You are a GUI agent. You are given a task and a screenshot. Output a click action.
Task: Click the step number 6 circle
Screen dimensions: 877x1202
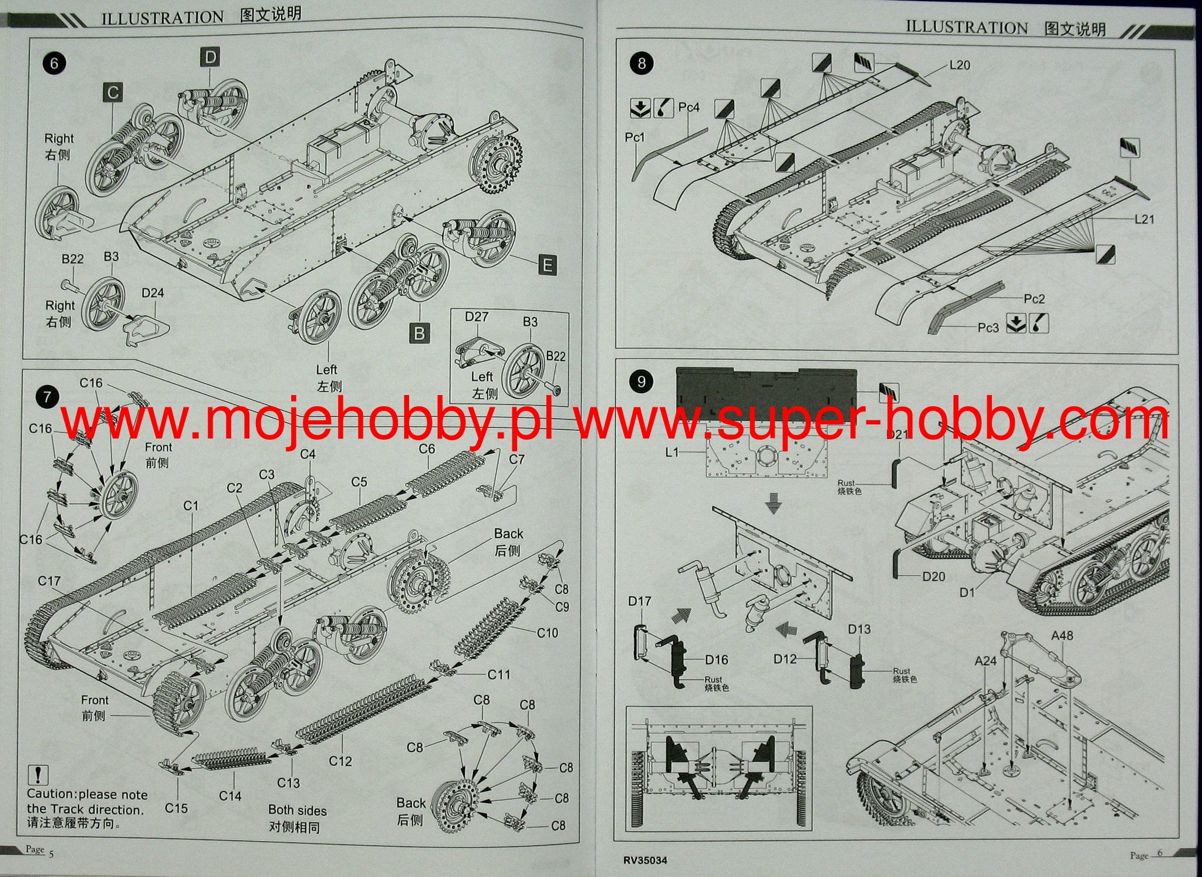point(54,63)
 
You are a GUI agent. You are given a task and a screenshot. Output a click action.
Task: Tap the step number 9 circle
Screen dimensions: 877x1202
point(641,382)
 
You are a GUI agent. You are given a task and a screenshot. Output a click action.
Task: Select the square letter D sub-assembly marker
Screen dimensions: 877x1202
point(210,58)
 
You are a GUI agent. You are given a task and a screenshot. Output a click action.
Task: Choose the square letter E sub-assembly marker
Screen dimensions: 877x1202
point(547,265)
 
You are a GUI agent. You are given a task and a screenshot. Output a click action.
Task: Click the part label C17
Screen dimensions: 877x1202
point(49,581)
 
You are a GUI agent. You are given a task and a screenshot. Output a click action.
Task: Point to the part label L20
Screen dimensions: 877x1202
point(960,65)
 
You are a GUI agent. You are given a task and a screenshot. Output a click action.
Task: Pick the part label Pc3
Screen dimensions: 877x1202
point(988,327)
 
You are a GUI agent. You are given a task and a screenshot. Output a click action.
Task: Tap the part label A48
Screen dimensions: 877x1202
point(1062,635)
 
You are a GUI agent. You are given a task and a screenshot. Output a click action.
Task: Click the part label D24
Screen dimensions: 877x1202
point(153,293)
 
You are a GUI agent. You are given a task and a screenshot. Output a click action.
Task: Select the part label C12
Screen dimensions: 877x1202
point(340,761)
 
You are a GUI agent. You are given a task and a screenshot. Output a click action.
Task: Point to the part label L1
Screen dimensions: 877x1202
point(672,452)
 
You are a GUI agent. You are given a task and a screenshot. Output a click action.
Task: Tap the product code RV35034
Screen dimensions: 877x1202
point(645,861)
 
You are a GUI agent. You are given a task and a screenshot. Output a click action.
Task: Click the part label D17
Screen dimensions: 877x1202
point(639,601)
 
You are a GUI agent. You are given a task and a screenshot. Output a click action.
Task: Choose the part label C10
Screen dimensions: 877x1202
point(547,632)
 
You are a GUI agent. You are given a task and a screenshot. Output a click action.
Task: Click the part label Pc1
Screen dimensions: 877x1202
point(634,137)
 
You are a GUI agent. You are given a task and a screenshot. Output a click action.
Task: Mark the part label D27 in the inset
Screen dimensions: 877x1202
point(476,317)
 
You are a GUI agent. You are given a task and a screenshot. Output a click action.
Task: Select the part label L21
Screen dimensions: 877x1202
point(1144,219)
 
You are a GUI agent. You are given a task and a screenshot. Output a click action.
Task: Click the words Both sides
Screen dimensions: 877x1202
point(297,810)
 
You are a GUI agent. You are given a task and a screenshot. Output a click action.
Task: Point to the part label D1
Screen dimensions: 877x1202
point(967,592)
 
